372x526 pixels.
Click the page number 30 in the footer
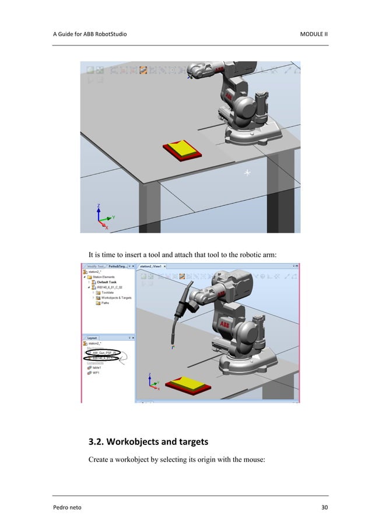[324, 507]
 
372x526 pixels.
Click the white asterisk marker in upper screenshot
[247, 173]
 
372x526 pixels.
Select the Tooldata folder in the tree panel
[108, 292]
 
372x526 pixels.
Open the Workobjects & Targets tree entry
[115, 297]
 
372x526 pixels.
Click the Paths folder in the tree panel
[105, 303]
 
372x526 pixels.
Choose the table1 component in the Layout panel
[97, 367]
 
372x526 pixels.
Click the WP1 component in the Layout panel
[95, 373]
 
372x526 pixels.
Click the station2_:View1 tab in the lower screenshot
[150, 266]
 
